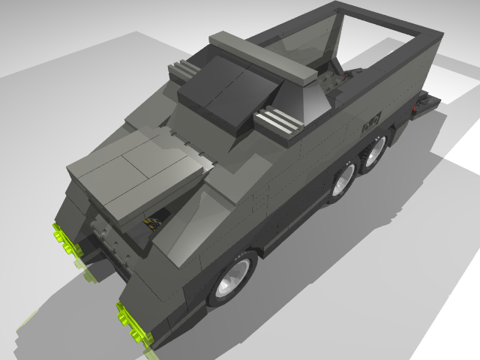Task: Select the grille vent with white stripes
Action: (279, 120)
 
